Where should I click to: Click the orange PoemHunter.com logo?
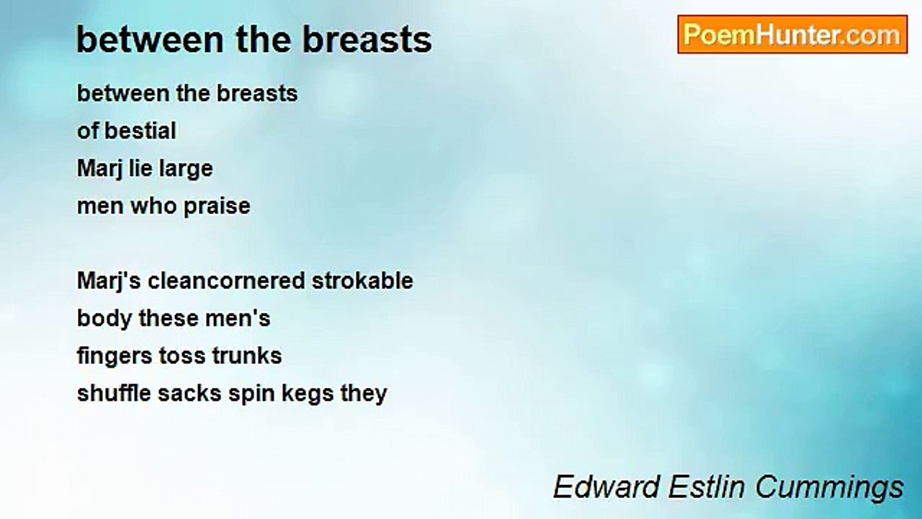pyautogui.click(x=792, y=35)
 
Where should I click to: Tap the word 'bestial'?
pyautogui.click(x=140, y=131)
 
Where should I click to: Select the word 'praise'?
pyautogui.click(x=217, y=206)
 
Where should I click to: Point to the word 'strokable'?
pyautogui.click(x=362, y=281)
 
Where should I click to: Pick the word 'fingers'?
pyautogui.click(x=115, y=357)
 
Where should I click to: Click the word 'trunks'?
pyautogui.click(x=247, y=356)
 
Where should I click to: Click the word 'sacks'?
pyautogui.click(x=189, y=394)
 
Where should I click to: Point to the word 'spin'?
pyautogui.click(x=252, y=394)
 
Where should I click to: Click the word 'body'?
pyautogui.click(x=104, y=319)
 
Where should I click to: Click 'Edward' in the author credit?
pyautogui.click(x=606, y=487)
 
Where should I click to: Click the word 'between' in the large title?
pyautogui.click(x=149, y=40)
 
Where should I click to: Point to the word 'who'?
pyautogui.click(x=153, y=206)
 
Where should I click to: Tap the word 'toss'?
pyautogui.click(x=182, y=356)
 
